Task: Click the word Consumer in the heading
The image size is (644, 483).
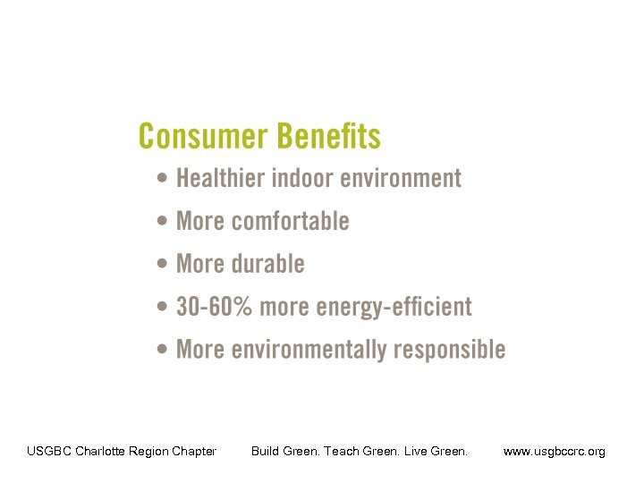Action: [203, 137]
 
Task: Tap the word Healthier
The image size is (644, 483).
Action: [221, 178]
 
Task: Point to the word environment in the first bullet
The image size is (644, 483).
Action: [402, 178]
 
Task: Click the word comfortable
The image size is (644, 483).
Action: [290, 221]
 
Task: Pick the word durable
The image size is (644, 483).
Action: [267, 264]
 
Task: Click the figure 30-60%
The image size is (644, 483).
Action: [215, 307]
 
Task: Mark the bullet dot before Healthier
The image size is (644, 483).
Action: [161, 178]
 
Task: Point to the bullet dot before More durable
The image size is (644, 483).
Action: [161, 264]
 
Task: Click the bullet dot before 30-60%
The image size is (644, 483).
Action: [161, 307]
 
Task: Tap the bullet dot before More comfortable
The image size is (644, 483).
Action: [161, 221]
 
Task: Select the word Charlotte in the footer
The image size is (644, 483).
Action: [100, 451]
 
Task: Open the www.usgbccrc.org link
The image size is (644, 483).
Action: [555, 451]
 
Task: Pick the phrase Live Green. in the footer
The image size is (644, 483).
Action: [436, 451]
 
